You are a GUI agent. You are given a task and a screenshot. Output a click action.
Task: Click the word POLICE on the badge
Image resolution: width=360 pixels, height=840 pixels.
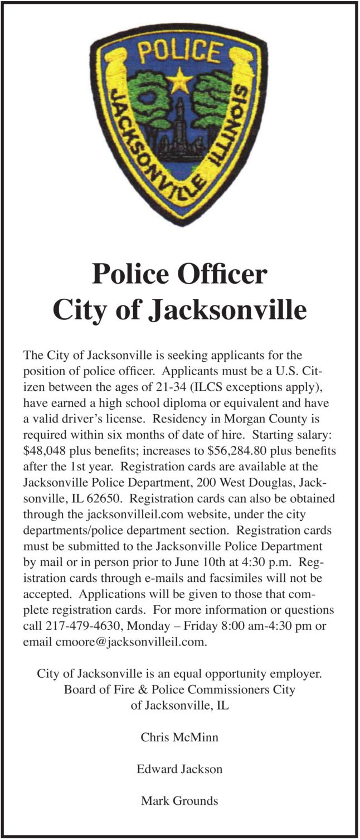pos(179,52)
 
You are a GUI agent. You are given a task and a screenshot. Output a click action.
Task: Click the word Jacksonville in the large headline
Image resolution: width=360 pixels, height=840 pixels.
pos(227,310)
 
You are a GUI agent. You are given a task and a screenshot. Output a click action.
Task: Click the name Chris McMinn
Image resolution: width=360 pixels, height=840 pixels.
pos(179,737)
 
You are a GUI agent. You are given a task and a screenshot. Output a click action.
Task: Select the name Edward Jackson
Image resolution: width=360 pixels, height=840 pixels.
pos(179,769)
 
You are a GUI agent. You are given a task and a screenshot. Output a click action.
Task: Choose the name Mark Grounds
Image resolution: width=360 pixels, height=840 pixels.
pos(179,801)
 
